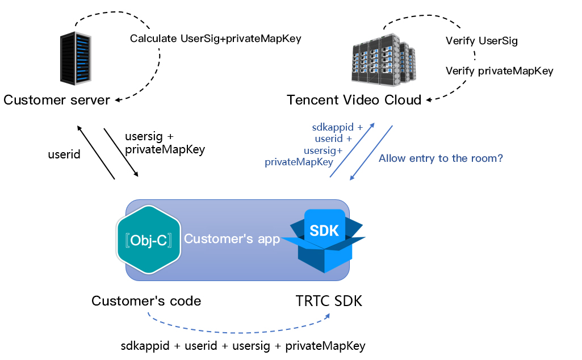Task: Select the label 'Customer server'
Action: coord(57,101)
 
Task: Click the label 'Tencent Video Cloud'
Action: coord(354,101)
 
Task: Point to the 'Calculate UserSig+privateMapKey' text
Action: coord(215,39)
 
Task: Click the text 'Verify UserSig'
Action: coord(481,41)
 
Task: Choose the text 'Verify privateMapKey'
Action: coord(499,71)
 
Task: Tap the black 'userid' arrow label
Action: coord(64,154)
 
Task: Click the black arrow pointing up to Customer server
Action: coord(96,152)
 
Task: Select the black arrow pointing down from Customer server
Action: coord(121,152)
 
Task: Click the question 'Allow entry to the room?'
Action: coord(441,158)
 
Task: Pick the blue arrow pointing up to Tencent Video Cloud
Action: coord(352,149)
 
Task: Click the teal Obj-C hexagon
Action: coord(149,238)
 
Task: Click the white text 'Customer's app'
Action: coord(232,239)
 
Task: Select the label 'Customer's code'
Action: coord(146,301)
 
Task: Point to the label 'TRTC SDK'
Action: coord(329,302)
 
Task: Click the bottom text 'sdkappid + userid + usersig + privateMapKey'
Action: coord(243,346)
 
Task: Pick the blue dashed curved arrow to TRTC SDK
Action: coord(238,331)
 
